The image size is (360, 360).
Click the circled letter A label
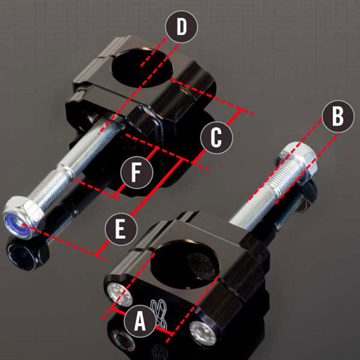pyautogui.click(x=139, y=323)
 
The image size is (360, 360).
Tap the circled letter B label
pyautogui.click(x=338, y=117)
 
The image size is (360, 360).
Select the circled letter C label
pyautogui.click(x=217, y=137)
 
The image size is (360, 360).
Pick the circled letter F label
pyautogui.click(x=137, y=172)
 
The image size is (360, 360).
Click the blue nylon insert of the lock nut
pyautogui.click(x=16, y=223)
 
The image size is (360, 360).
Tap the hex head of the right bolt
pyautogui.click(x=298, y=154)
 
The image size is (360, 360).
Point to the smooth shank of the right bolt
pyautogui.click(x=252, y=201)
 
